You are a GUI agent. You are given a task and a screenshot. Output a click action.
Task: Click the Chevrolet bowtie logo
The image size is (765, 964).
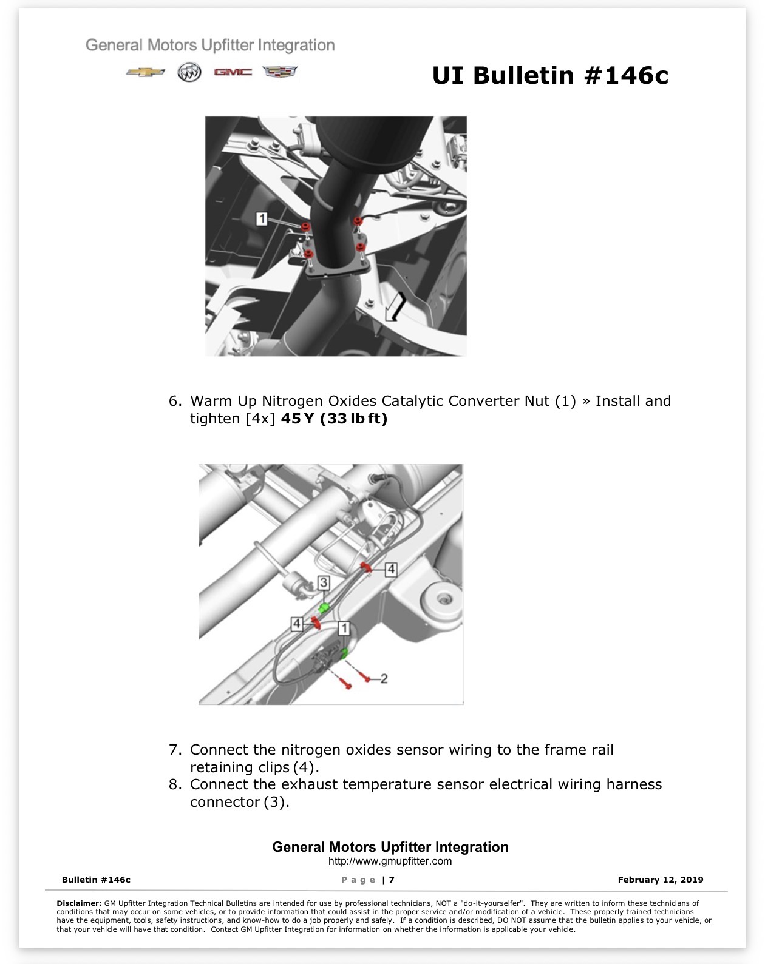coord(145,72)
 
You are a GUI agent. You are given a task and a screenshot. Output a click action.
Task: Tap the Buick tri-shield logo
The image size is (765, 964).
coord(189,72)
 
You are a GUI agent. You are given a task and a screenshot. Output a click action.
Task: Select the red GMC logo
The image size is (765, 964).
coord(233,72)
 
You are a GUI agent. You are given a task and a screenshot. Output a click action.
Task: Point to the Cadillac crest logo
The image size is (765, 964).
coord(280,72)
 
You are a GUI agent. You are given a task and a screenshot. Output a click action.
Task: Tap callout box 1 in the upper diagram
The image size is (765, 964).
coord(262,218)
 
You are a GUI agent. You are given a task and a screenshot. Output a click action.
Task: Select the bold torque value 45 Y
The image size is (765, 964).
coord(297,419)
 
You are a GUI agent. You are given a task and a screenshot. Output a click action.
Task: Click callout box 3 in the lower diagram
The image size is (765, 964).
coord(324,583)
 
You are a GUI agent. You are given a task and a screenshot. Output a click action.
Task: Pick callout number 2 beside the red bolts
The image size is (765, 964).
coord(384,678)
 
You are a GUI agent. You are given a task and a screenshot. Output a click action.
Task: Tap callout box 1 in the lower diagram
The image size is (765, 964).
coord(344,629)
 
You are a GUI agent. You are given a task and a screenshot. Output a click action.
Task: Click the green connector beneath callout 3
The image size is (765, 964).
coord(324,608)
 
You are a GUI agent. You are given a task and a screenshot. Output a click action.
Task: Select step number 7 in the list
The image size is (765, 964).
coord(175,749)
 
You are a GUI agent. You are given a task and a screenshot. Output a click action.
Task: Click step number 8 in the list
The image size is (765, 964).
coord(175,784)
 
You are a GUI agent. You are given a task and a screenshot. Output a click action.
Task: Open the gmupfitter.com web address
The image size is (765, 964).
coord(390,861)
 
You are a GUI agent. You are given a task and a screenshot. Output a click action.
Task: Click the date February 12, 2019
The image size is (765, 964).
coord(661,880)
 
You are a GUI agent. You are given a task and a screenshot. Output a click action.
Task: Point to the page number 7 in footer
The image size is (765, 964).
coord(392,880)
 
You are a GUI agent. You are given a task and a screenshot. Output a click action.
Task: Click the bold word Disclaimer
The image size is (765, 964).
coord(79,903)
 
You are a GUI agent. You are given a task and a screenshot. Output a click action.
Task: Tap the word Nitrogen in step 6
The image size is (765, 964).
coord(293,401)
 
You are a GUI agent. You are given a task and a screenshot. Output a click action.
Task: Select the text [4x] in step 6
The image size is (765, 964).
coord(260,419)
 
